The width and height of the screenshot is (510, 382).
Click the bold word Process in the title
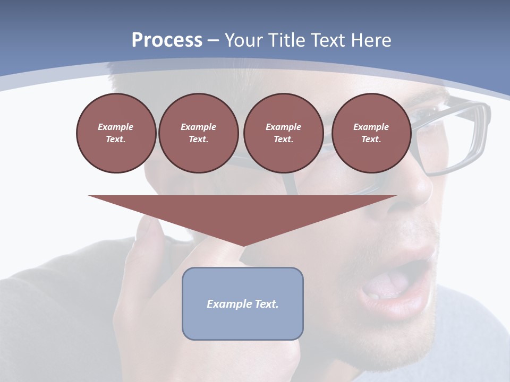point(167,40)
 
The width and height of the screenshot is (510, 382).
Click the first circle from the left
point(116,133)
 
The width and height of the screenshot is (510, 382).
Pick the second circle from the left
point(198,133)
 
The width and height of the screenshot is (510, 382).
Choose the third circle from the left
point(283,133)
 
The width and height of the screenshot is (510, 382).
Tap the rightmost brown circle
point(371,133)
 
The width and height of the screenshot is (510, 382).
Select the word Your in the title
point(242,40)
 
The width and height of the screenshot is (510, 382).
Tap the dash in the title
point(213,40)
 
